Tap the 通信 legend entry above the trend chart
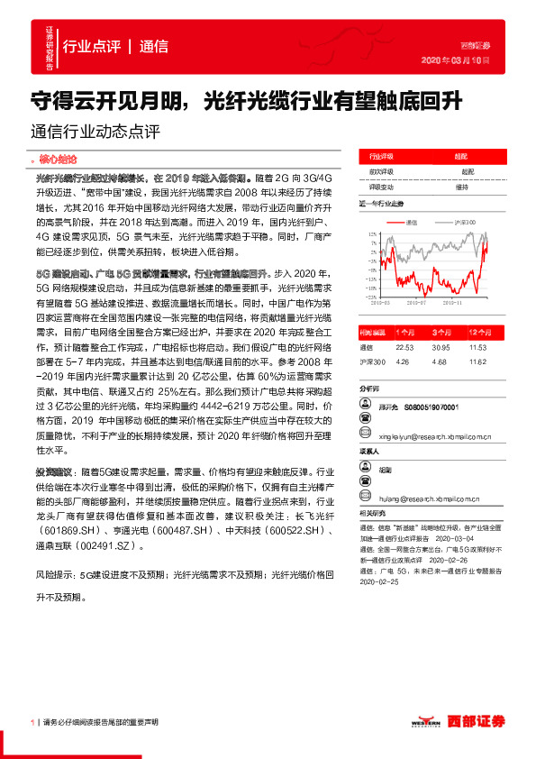point(412,222)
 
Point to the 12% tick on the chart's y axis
point(371,233)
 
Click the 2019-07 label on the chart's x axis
point(417,305)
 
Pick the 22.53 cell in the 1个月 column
point(404,346)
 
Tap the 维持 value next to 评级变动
point(461,187)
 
